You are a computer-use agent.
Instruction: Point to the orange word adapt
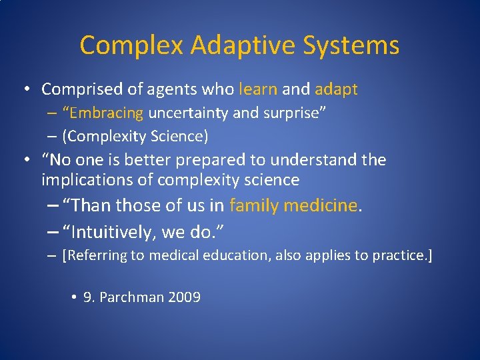pyautogui.click(x=337, y=89)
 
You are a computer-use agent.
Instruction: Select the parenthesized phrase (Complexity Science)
pyautogui.click(x=135, y=136)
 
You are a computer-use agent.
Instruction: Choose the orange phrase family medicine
pyautogui.click(x=293, y=205)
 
